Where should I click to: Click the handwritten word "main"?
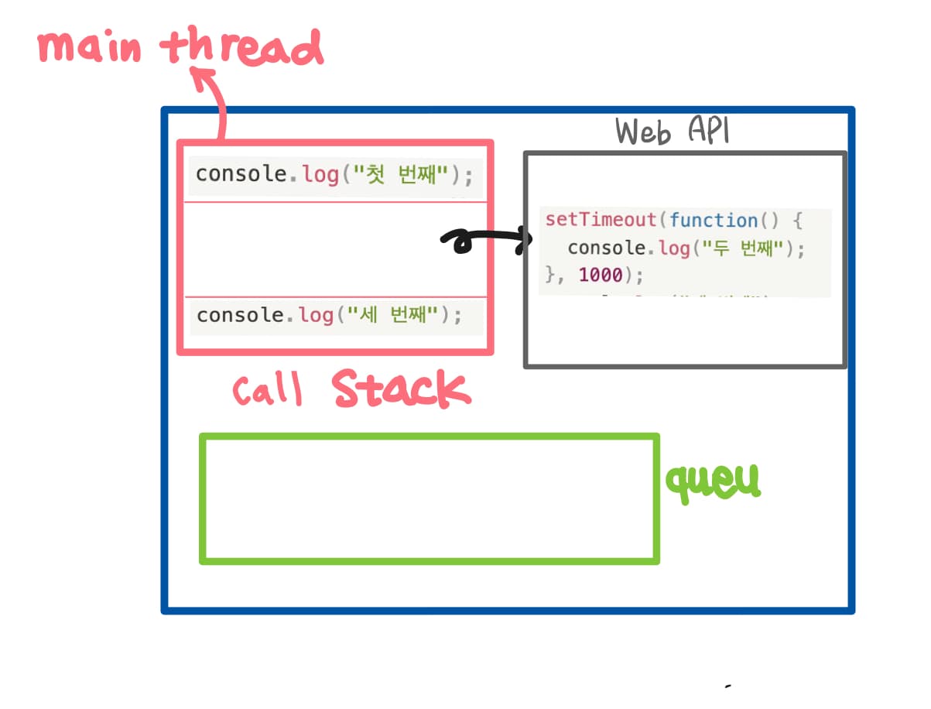tap(89, 48)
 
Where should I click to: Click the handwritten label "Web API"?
tap(672, 132)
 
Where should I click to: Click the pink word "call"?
tap(267, 391)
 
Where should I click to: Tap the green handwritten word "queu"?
tap(714, 481)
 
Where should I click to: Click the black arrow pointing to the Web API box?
tap(484, 241)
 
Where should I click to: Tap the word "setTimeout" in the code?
tap(601, 220)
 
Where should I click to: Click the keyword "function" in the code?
tap(714, 220)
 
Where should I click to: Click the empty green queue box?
tap(430, 498)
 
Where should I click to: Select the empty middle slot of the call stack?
tap(334, 249)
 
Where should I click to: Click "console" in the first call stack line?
tap(241, 174)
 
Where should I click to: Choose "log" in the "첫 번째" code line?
tap(320, 174)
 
